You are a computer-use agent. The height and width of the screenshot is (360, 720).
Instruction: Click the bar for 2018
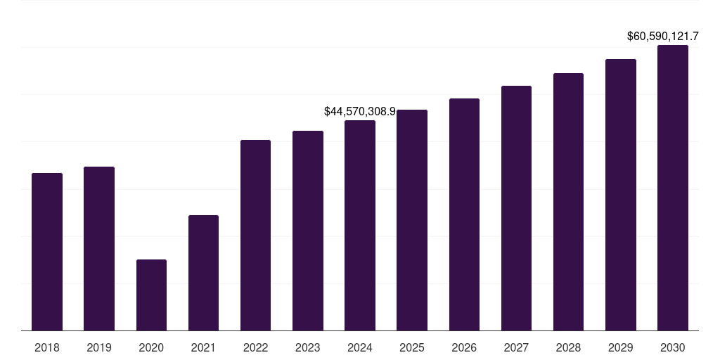point(47,252)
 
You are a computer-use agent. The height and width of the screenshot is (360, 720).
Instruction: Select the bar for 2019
point(99,248)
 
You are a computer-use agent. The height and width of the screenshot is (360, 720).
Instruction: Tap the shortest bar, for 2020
point(151,295)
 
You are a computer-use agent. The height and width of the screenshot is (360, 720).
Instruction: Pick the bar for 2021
point(203,273)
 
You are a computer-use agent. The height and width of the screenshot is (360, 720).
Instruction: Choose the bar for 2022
point(255,235)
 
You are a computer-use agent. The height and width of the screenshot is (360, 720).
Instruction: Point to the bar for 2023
point(308,231)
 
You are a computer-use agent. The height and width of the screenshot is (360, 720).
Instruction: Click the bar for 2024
point(360,225)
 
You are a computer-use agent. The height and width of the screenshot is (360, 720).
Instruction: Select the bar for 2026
point(464,214)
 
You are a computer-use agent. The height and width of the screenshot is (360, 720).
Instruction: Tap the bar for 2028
point(568,202)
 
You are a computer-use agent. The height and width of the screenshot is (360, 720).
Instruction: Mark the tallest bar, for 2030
point(673,188)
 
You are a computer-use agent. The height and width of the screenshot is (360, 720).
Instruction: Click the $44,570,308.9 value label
point(360,111)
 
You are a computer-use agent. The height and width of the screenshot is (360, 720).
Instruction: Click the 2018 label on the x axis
point(47,347)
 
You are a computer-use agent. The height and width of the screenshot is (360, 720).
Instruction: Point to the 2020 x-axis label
point(151,347)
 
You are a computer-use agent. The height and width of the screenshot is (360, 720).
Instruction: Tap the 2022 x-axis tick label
point(255,347)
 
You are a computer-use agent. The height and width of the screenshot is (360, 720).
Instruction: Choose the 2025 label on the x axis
point(412,347)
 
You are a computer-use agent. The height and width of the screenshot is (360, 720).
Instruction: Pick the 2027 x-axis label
point(516,347)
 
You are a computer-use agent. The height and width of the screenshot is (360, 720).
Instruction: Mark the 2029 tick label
point(621,347)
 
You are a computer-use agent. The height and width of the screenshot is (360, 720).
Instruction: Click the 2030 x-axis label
point(673,347)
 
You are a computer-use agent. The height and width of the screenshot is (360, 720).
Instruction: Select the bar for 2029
point(621,195)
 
